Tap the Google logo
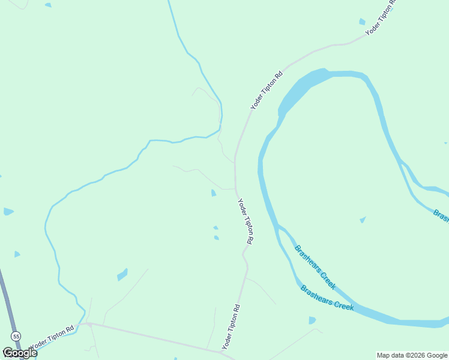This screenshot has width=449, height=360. (x=20, y=353)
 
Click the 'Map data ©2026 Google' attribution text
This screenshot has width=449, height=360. (x=412, y=355)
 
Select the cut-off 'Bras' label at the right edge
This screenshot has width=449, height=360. (x=441, y=215)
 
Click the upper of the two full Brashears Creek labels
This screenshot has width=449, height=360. (x=315, y=264)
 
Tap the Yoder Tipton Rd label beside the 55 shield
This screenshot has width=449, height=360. (x=52, y=338)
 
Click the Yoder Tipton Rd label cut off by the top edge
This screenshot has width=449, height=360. (x=382, y=17)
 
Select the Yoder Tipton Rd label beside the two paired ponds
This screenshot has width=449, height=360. (x=246, y=221)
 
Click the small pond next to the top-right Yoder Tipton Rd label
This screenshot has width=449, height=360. (x=362, y=22)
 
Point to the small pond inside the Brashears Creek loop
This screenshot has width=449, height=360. (x=363, y=220)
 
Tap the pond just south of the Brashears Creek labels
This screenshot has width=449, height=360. (x=312, y=320)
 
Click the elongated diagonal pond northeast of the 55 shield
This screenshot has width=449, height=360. (x=122, y=274)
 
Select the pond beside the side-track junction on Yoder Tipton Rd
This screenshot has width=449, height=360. (x=213, y=193)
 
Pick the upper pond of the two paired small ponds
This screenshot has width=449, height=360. (x=215, y=228)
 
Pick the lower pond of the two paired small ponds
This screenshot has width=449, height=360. (x=216, y=238)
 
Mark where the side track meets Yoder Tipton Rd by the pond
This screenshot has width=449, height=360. (x=235, y=188)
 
